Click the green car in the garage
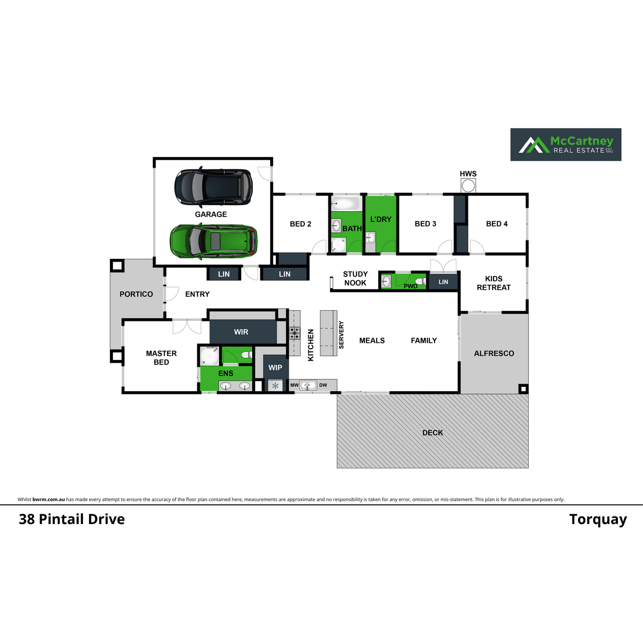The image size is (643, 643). pyautogui.click(x=214, y=241)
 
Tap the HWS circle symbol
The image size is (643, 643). pyautogui.click(x=468, y=186)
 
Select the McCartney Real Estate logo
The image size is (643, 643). pyautogui.click(x=566, y=145)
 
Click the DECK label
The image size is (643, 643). pyautogui.click(x=432, y=433)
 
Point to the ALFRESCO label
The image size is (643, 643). pyautogui.click(x=494, y=353)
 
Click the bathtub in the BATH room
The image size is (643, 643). pyautogui.click(x=346, y=203)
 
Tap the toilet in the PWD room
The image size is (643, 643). pyautogui.click(x=421, y=281)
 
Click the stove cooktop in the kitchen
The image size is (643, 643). pyautogui.click(x=295, y=332)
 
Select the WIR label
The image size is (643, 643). pyautogui.click(x=241, y=332)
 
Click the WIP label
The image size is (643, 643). pyautogui.click(x=275, y=368)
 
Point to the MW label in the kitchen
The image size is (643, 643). pyautogui.click(x=294, y=385)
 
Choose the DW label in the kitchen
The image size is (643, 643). pyautogui.click(x=323, y=385)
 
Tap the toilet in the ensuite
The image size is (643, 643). pyautogui.click(x=247, y=355)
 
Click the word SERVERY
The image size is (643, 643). pyautogui.click(x=341, y=335)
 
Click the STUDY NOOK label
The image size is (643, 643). pyautogui.click(x=355, y=278)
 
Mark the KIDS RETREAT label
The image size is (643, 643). pyautogui.click(x=494, y=283)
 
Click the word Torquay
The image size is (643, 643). pyautogui.click(x=598, y=520)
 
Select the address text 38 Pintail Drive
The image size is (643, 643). pyautogui.click(x=72, y=519)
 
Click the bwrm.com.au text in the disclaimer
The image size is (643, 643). pyautogui.click(x=49, y=499)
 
